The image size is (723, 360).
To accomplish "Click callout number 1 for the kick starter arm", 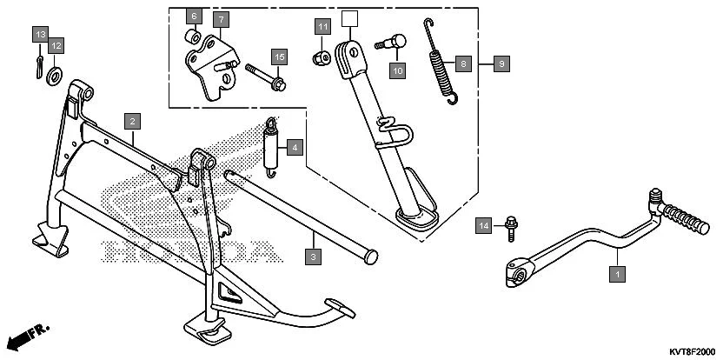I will point(617,274).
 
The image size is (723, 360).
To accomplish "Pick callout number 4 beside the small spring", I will point(295,148).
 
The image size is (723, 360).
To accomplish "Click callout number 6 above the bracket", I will point(194,16).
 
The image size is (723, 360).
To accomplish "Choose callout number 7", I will point(220,19).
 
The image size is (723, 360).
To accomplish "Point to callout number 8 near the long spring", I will point(464,63).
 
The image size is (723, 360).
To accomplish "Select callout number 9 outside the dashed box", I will point(501,63).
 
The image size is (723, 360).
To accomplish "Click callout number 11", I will point(322,27).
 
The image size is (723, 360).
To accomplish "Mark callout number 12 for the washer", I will point(56,45).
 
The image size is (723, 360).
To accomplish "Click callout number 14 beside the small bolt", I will point(485,226).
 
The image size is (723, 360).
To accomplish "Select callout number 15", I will point(278,57).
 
